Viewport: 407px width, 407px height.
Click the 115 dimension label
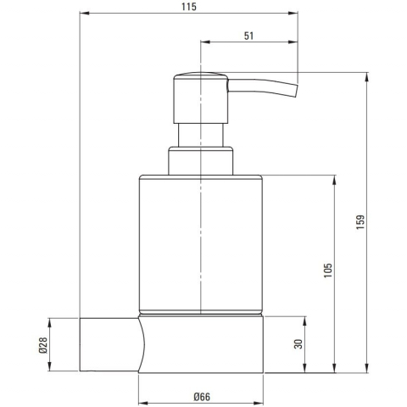[189, 7]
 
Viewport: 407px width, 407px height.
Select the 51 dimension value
[248, 36]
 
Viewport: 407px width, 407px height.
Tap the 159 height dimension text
[360, 222]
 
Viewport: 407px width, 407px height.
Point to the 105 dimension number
[328, 270]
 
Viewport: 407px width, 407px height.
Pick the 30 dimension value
[298, 344]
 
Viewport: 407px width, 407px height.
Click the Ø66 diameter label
[202, 397]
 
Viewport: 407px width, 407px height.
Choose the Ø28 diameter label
[43, 345]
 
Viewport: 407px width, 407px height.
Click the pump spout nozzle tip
[296, 91]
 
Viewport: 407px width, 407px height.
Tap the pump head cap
[201, 98]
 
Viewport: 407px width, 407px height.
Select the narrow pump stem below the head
[201, 135]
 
